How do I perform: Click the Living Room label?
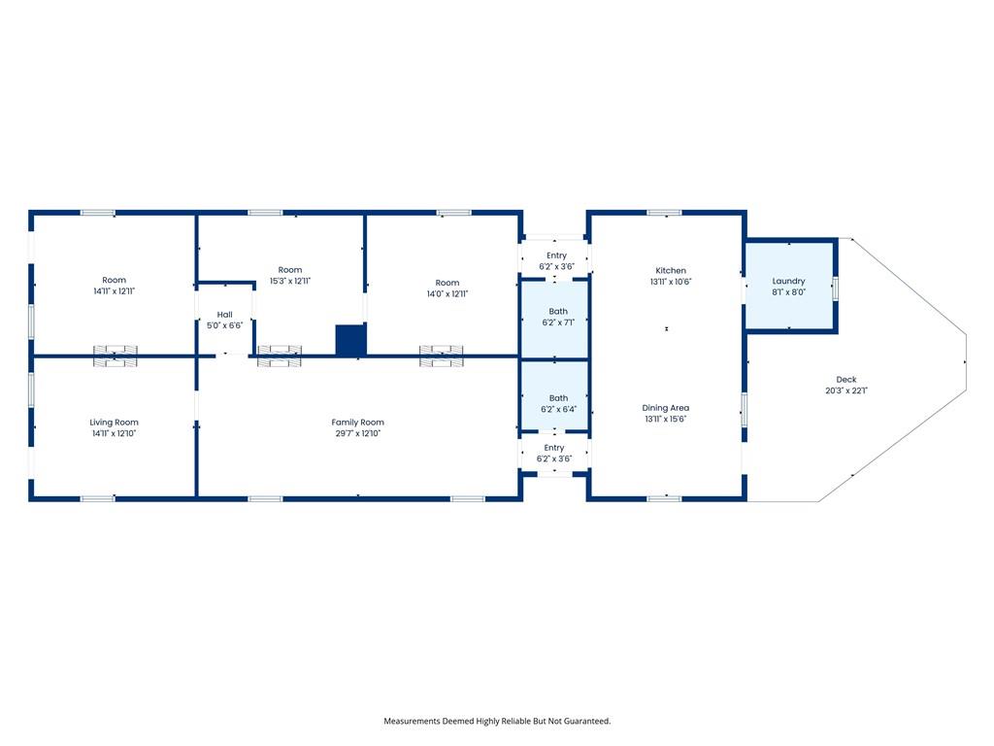[115, 422]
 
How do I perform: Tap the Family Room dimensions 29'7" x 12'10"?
[357, 433]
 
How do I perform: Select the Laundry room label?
[788, 281]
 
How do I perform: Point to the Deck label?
[846, 380]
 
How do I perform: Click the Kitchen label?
[671, 270]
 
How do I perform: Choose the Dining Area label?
[666, 408]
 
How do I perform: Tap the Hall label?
[224, 314]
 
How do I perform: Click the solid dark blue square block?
[350, 340]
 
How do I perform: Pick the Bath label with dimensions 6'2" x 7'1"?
[558, 311]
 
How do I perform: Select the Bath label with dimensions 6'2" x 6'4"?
[558, 397]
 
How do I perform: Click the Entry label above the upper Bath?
[556, 255]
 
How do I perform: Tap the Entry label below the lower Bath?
[554, 447]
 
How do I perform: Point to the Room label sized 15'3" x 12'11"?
[290, 270]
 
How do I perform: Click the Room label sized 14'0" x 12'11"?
[447, 283]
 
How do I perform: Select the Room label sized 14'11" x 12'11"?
[115, 280]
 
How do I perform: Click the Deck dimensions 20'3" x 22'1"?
[846, 390]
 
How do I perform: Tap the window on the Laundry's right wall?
[836, 288]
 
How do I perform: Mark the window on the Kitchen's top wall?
[664, 213]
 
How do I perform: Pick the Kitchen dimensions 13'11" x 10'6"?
[671, 282]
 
